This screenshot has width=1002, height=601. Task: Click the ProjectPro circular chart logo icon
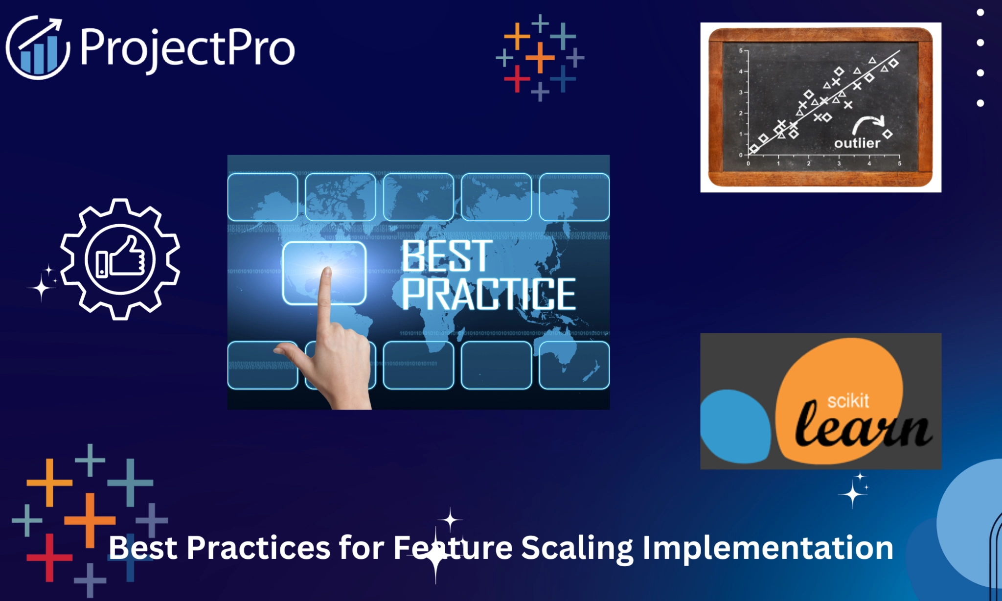tap(38, 48)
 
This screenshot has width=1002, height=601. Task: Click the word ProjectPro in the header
tap(187, 48)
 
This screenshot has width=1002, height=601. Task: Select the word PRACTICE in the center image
tap(488, 294)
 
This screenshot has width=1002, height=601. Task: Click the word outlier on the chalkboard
tap(857, 143)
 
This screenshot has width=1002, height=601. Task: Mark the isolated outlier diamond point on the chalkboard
tap(888, 134)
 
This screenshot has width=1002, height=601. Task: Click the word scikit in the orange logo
tap(848, 401)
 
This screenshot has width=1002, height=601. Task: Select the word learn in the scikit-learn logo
tap(863, 427)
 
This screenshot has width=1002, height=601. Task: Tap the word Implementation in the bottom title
tap(768, 548)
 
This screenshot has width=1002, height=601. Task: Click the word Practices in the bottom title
tap(258, 548)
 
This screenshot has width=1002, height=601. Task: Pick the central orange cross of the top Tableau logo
tap(540, 57)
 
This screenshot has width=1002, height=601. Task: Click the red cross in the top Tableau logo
tap(517, 78)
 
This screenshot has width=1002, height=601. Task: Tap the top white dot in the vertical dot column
tap(980, 13)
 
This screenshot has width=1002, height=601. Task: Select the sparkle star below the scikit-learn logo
tap(853, 494)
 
